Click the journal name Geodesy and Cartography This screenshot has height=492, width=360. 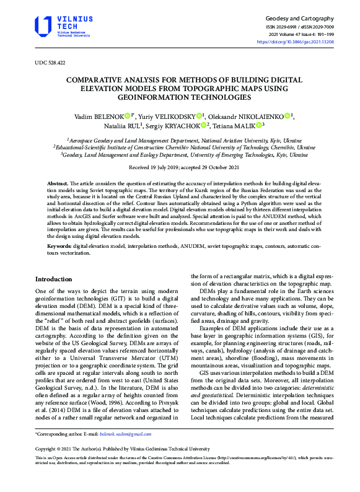click(x=299, y=19)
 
